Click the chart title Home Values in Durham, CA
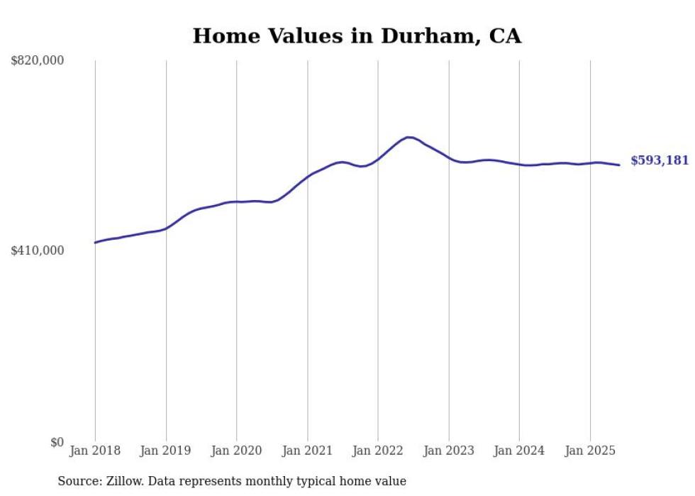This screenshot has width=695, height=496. tap(357, 36)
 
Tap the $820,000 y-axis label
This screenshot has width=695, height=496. tap(38, 61)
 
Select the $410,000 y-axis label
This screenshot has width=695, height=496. tap(38, 250)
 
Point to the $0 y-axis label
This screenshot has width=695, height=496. tap(57, 442)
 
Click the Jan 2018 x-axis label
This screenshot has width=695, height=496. tap(95, 451)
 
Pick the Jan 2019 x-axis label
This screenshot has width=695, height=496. tap(166, 451)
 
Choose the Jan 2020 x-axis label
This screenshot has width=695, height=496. tap(237, 451)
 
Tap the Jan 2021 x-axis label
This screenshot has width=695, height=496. tap(307, 451)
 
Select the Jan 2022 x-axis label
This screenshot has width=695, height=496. tap(378, 451)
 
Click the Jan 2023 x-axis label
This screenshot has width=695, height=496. tap(449, 451)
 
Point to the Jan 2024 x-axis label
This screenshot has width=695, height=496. tap(519, 451)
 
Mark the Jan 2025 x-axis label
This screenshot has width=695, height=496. tap(590, 451)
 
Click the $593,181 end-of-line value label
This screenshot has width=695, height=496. tap(660, 161)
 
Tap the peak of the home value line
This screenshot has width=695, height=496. tap(408, 137)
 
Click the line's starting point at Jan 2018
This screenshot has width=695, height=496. tap(95, 243)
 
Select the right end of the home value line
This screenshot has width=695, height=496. tap(619, 165)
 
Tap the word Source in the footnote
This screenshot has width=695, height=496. tap(78, 481)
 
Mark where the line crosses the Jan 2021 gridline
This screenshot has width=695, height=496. tap(307, 175)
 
